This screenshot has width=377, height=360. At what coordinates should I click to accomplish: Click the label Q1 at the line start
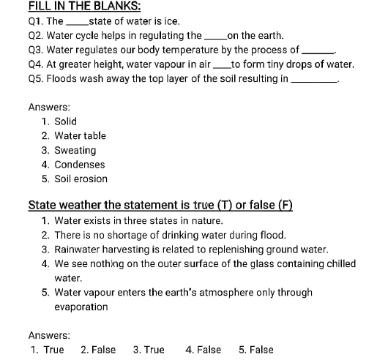36,21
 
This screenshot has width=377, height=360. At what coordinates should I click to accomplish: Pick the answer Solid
66,121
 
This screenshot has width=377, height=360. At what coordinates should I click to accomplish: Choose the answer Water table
81,136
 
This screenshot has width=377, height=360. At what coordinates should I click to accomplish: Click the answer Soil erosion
81,179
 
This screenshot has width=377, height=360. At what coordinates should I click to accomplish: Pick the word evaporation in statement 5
81,307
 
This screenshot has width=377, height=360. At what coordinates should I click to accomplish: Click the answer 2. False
98,350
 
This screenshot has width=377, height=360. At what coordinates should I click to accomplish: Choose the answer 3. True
149,350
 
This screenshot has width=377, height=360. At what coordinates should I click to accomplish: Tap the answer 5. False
256,350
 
